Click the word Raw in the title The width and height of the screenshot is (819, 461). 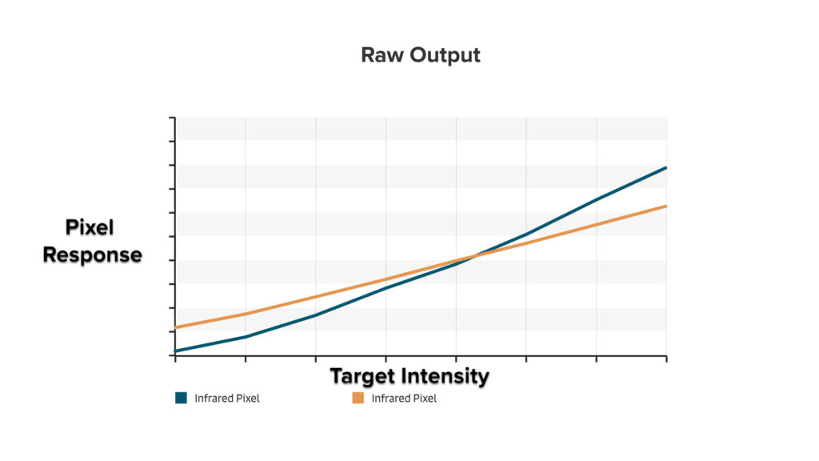(x=380, y=55)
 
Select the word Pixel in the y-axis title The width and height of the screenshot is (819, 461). (x=90, y=228)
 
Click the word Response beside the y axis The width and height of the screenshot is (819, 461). (x=92, y=255)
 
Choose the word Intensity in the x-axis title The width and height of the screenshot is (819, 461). (x=449, y=375)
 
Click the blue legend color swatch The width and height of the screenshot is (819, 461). (x=181, y=399)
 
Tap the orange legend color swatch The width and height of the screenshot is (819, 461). (x=358, y=399)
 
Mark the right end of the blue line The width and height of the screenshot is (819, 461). (x=666, y=168)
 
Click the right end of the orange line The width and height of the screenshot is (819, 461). (x=666, y=206)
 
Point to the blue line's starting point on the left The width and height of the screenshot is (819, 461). (x=175, y=351)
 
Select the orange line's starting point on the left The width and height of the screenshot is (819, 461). (x=175, y=327)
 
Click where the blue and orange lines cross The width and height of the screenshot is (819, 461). (x=474, y=256)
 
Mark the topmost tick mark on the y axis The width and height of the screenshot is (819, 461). (x=172, y=118)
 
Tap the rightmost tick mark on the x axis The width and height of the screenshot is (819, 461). (x=666, y=359)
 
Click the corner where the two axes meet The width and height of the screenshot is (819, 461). (x=174, y=355)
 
